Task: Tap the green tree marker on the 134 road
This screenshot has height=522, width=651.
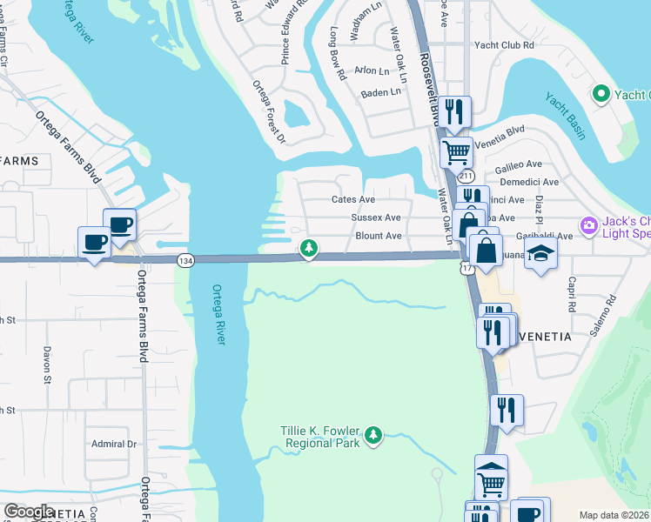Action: pyautogui.click(x=308, y=249)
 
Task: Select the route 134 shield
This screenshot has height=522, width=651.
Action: pyautogui.click(x=185, y=260)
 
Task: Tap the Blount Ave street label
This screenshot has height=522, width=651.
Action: pyautogui.click(x=378, y=236)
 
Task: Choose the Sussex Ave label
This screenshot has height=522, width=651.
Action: pyautogui.click(x=375, y=217)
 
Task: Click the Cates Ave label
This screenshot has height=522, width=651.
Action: pyautogui.click(x=353, y=199)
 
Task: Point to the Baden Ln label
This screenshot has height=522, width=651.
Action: pyautogui.click(x=381, y=91)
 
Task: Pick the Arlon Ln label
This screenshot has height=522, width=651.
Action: pyautogui.click(x=372, y=70)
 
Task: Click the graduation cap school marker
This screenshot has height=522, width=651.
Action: pyautogui.click(x=540, y=253)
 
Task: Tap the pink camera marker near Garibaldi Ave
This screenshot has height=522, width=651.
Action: pyautogui.click(x=588, y=225)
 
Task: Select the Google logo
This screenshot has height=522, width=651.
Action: pyautogui.click(x=30, y=512)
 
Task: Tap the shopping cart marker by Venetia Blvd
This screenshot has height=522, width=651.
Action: pyautogui.click(x=456, y=152)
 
